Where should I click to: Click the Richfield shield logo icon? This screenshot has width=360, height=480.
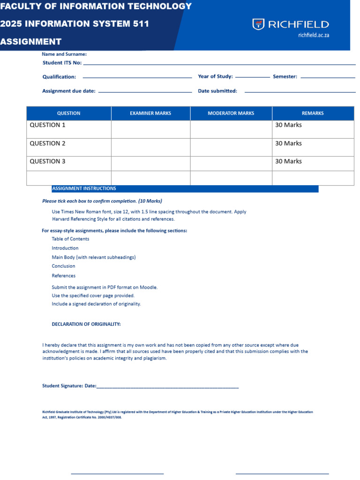(258, 24)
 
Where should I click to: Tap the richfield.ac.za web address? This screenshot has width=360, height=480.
(314, 35)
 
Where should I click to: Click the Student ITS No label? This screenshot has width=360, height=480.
(62, 63)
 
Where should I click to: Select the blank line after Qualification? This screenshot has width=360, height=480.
(137, 77)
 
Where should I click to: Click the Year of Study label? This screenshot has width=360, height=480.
(215, 76)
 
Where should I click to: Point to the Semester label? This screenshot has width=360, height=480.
(285, 76)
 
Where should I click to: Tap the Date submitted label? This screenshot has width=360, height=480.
(217, 91)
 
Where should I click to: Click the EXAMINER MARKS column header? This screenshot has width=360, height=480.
(150, 113)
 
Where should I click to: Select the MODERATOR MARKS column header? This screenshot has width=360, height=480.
(231, 113)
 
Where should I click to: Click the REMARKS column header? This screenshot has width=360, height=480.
(313, 113)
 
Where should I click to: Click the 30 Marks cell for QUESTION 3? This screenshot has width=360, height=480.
(288, 161)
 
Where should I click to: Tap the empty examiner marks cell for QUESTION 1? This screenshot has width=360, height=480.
(150, 129)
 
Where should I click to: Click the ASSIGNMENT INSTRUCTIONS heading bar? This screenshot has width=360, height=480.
(185, 188)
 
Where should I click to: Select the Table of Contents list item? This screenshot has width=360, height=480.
(70, 239)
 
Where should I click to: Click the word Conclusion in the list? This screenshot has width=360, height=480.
(63, 266)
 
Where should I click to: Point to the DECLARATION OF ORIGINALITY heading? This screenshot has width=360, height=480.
(86, 324)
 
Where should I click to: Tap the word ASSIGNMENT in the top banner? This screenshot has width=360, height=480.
(31, 42)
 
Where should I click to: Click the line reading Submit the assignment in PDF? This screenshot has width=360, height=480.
(105, 287)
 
